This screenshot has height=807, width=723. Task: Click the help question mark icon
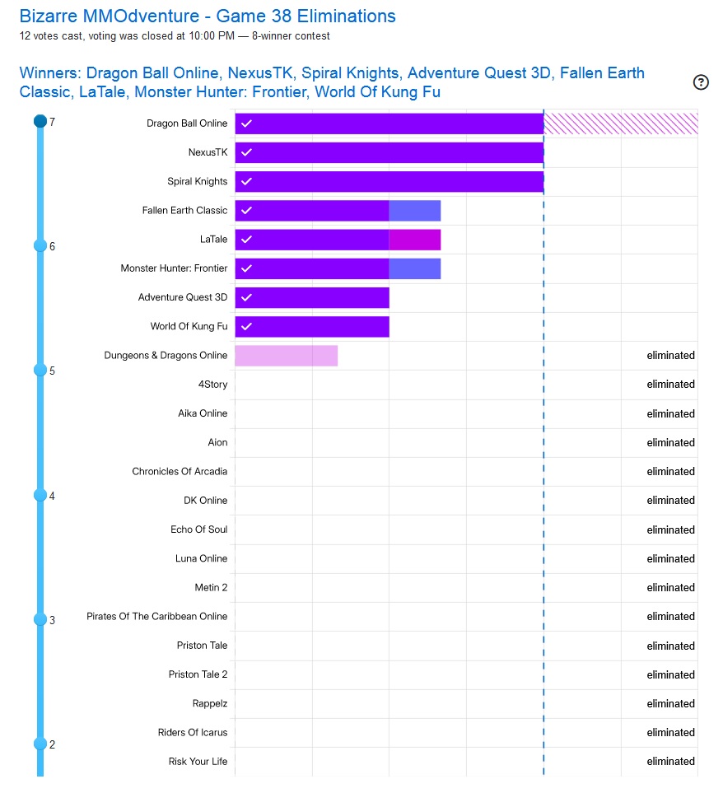point(701,82)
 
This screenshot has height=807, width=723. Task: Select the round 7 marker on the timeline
point(40,122)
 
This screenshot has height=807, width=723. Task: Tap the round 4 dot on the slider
point(40,495)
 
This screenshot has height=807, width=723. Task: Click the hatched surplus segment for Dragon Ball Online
point(620,124)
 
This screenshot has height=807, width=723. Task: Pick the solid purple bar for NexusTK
point(389,152)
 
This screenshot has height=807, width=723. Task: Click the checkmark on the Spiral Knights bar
point(246,181)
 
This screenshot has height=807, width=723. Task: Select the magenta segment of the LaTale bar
point(414,240)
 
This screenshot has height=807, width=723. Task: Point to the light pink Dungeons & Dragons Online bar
point(286,356)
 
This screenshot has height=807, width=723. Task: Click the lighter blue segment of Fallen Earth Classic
point(414,211)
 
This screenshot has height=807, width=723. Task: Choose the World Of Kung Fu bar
point(311,327)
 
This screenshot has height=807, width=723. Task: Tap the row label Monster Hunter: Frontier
point(174,268)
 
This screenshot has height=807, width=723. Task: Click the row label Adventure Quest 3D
point(183,297)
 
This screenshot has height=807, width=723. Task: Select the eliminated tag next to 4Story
point(670,385)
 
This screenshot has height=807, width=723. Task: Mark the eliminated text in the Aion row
point(670,442)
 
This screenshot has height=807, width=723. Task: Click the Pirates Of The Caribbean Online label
point(156,616)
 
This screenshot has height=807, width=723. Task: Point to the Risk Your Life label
point(198,761)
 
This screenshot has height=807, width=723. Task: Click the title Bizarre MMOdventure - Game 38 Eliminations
point(208,16)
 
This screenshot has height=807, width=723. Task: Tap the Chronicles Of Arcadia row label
point(180,471)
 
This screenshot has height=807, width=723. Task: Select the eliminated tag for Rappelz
point(670,703)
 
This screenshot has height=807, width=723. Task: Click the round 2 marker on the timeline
point(40,744)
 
